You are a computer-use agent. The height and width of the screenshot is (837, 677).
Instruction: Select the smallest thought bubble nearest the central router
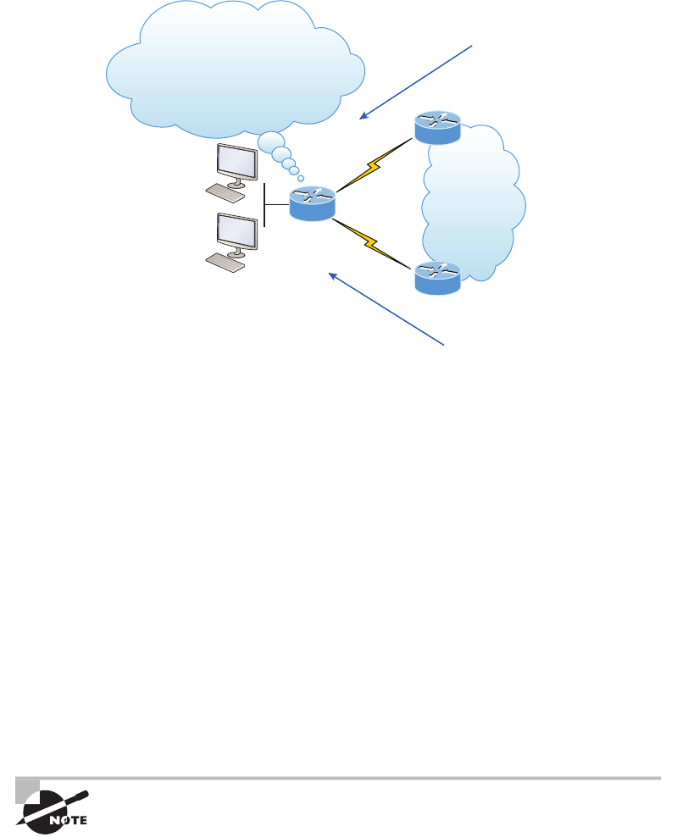pos(301,179)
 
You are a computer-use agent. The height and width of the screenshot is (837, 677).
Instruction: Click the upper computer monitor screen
pos(237,161)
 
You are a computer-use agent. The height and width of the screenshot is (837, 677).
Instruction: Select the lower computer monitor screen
pos(237,230)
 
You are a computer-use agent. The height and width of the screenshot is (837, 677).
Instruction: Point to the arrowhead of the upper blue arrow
pos(363,116)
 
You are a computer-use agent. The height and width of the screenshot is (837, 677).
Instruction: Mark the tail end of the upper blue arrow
pos(471,47)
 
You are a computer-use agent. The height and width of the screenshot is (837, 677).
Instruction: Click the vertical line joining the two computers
pos(265,204)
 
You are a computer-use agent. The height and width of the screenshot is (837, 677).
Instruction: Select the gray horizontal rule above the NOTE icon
pos(339,778)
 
